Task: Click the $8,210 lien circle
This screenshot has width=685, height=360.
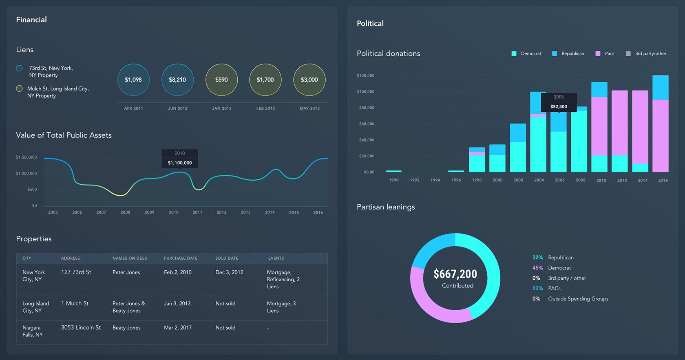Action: click(x=177, y=80)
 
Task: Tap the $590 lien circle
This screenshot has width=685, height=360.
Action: click(x=221, y=80)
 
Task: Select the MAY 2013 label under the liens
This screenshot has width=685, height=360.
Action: click(x=309, y=108)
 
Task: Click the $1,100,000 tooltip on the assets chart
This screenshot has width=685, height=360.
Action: click(x=180, y=163)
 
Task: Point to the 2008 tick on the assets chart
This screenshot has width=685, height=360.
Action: click(x=125, y=212)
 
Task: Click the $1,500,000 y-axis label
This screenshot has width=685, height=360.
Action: click(x=27, y=157)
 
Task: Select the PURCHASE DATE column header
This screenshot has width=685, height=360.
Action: click(x=181, y=258)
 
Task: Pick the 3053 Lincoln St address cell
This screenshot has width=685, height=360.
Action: click(x=81, y=327)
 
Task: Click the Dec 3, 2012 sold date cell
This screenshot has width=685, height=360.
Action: click(x=229, y=272)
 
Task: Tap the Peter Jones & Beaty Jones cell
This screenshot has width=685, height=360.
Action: click(x=128, y=307)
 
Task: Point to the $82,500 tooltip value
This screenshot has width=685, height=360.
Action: click(x=559, y=106)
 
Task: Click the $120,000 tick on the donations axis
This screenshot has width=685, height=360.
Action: click(x=365, y=76)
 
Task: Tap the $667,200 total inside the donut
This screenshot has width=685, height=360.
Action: click(x=455, y=274)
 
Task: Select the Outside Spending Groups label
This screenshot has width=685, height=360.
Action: click(x=578, y=299)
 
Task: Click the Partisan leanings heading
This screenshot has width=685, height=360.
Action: click(x=386, y=207)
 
